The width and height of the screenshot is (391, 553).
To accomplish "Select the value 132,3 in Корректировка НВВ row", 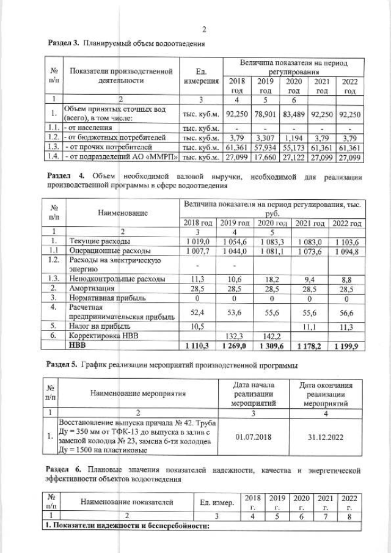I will coord(236,336).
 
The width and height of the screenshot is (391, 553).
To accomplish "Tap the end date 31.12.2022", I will coord(330,438).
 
